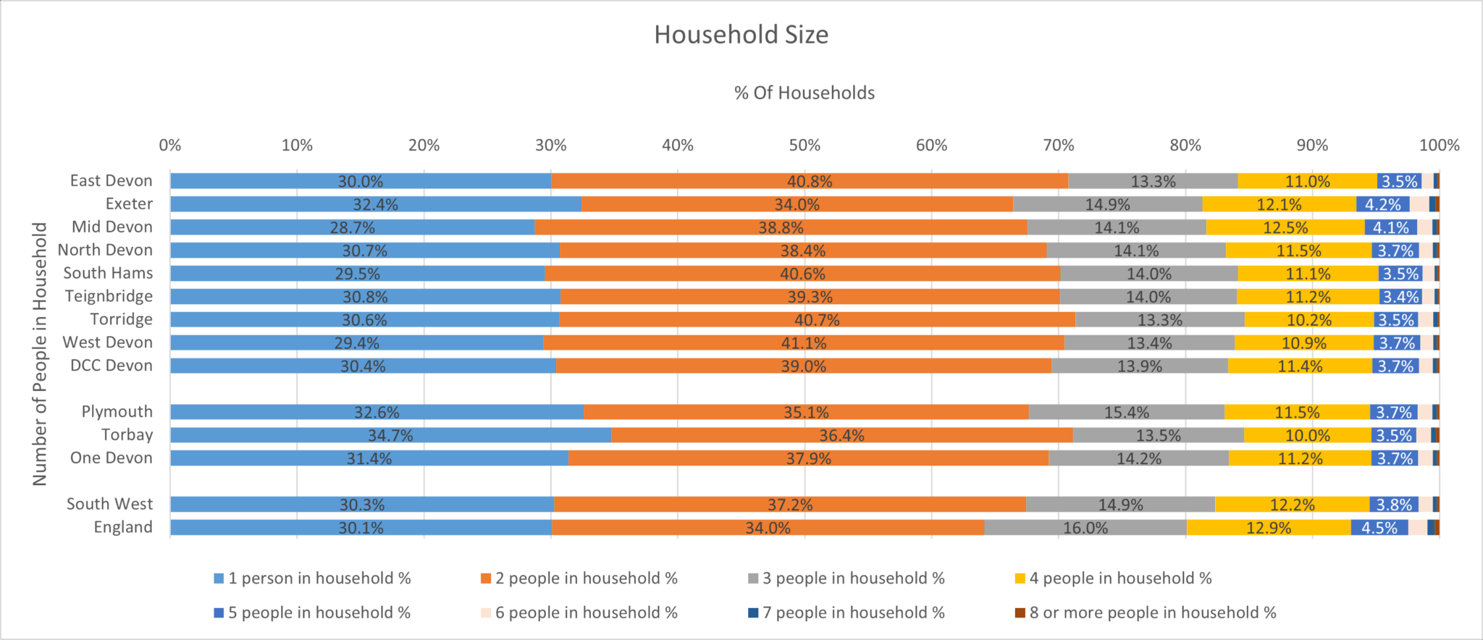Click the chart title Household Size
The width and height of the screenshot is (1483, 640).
741,35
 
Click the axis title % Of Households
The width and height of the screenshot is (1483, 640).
804,93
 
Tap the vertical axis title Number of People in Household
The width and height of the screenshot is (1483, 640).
40,353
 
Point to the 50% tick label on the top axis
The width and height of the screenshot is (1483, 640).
804,145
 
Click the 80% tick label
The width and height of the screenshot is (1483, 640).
1185,145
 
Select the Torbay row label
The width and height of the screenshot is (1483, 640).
127,434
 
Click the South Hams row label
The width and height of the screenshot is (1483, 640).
108,273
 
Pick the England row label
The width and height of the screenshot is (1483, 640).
123,527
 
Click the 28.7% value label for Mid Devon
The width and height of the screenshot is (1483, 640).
353,227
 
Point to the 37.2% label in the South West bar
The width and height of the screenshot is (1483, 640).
790,505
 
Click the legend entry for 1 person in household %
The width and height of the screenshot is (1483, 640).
319,578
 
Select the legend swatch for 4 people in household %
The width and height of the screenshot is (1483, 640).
1020,578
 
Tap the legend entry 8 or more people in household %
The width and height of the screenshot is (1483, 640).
1152,612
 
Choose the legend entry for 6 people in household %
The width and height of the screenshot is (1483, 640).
586,612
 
